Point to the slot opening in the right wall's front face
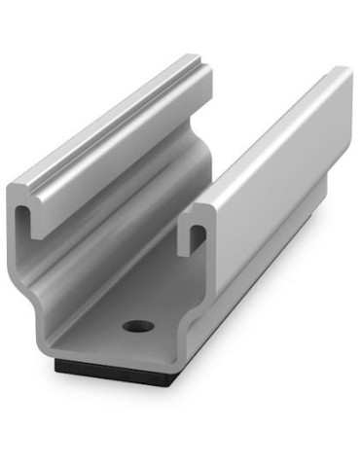pos(198,235)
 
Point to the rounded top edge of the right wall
pos(263,136)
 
